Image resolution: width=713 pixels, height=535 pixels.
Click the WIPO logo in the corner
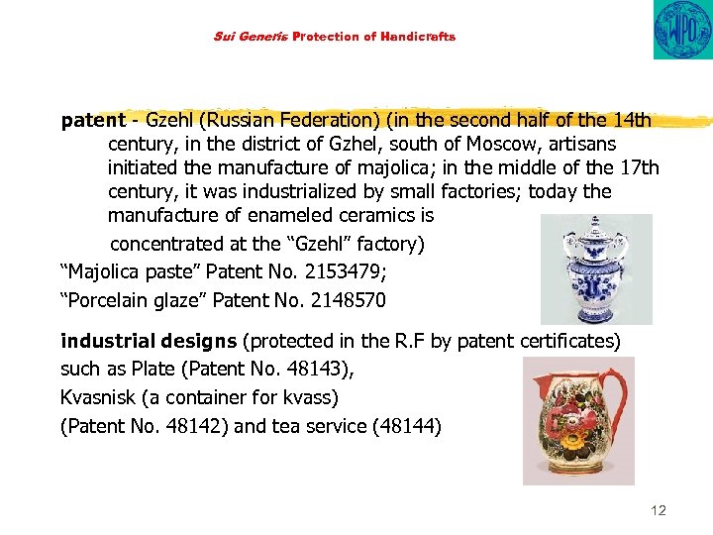681,30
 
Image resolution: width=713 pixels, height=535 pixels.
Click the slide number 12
659,510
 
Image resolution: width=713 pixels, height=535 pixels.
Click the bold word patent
93,121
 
